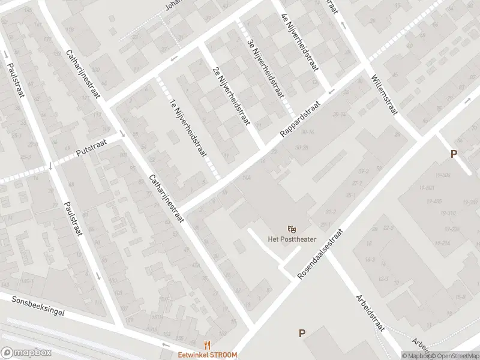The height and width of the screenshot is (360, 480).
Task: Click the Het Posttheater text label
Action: [x=292, y=240]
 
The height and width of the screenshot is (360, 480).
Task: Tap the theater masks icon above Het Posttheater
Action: [x=292, y=229]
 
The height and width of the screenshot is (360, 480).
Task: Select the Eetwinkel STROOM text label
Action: [x=207, y=355]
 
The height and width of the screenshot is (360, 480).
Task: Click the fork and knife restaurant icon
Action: [x=207, y=344]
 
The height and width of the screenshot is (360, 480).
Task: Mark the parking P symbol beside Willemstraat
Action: [x=454, y=154]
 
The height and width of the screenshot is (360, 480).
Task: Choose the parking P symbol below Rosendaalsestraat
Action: [x=302, y=334]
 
